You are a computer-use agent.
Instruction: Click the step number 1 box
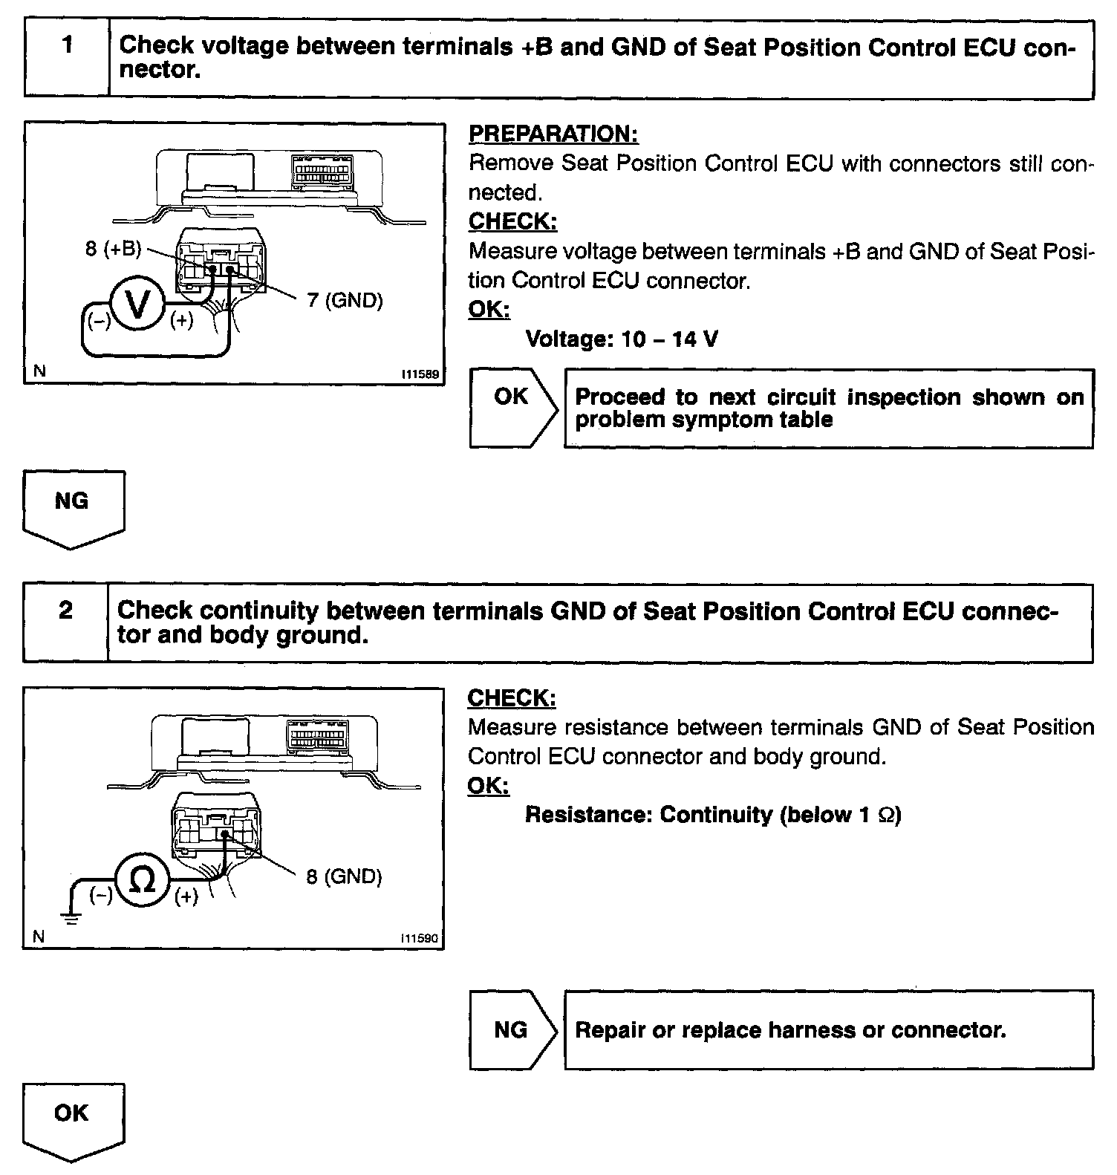click(67, 59)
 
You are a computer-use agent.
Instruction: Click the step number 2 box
click(65, 622)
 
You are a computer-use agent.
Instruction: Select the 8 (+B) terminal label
click(113, 249)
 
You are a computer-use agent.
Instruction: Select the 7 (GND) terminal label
click(345, 300)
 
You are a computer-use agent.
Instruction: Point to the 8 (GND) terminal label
click(344, 876)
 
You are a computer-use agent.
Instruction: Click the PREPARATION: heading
click(553, 134)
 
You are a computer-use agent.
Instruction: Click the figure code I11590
click(420, 939)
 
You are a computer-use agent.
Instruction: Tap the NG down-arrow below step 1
click(73, 509)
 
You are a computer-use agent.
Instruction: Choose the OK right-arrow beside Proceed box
click(512, 407)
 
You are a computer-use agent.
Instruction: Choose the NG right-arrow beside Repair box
click(512, 1029)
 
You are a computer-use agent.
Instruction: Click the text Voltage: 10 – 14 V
click(622, 339)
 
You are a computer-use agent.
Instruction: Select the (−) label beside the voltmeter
click(97, 321)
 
